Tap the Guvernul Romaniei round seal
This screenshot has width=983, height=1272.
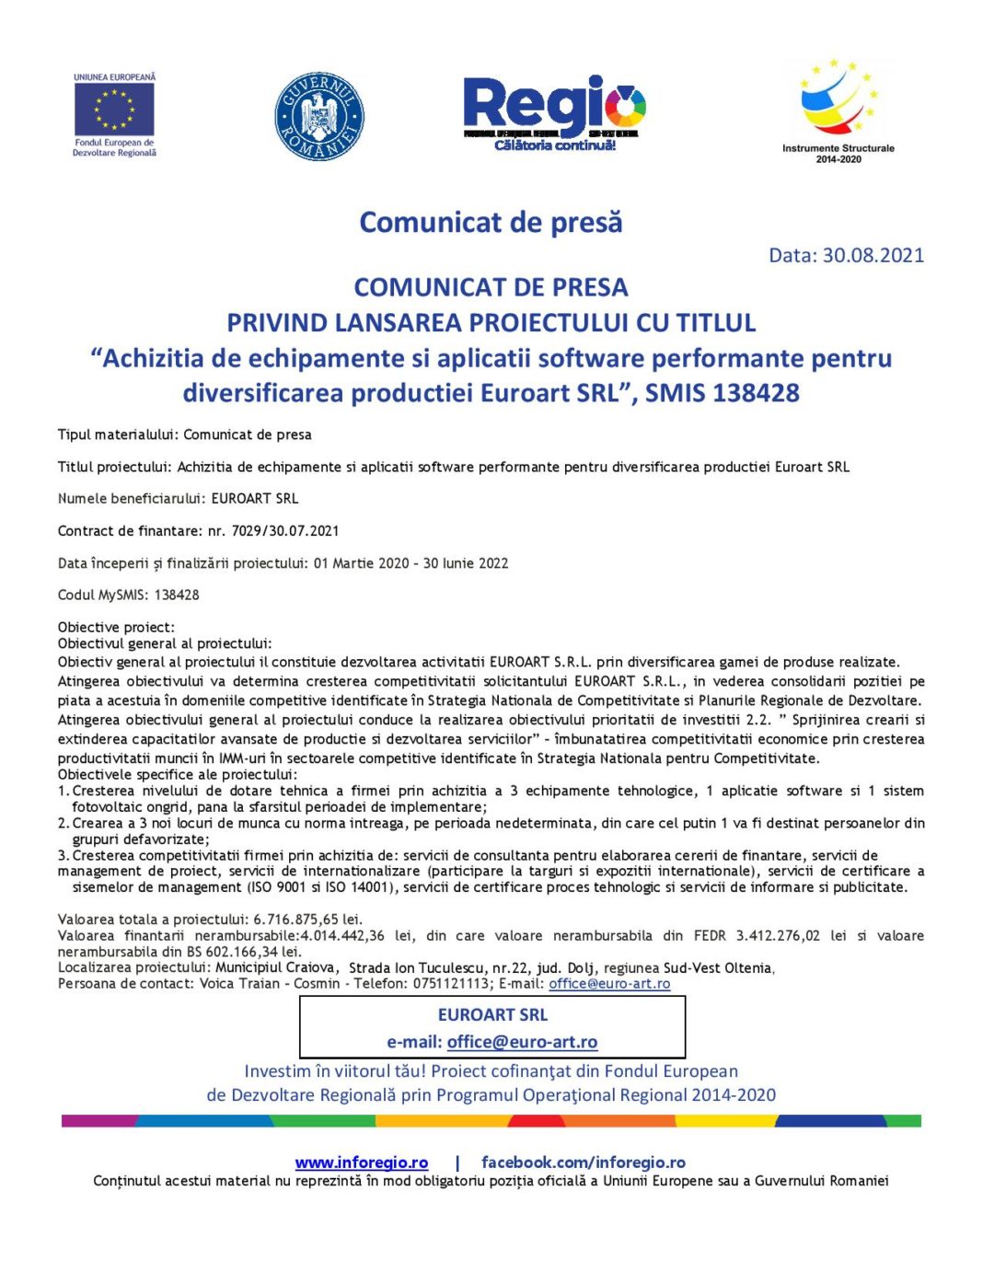319,117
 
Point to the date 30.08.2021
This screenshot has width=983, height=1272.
873,255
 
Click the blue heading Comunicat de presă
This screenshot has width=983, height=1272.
491,222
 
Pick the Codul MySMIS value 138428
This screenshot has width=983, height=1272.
177,595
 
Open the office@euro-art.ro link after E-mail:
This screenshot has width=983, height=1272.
609,984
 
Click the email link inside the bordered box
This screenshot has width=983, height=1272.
522,1042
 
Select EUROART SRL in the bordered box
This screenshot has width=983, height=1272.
492,1014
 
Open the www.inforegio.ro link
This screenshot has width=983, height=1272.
362,1162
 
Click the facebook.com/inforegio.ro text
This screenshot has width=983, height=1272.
584,1162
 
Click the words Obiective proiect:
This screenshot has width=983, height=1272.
116,627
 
